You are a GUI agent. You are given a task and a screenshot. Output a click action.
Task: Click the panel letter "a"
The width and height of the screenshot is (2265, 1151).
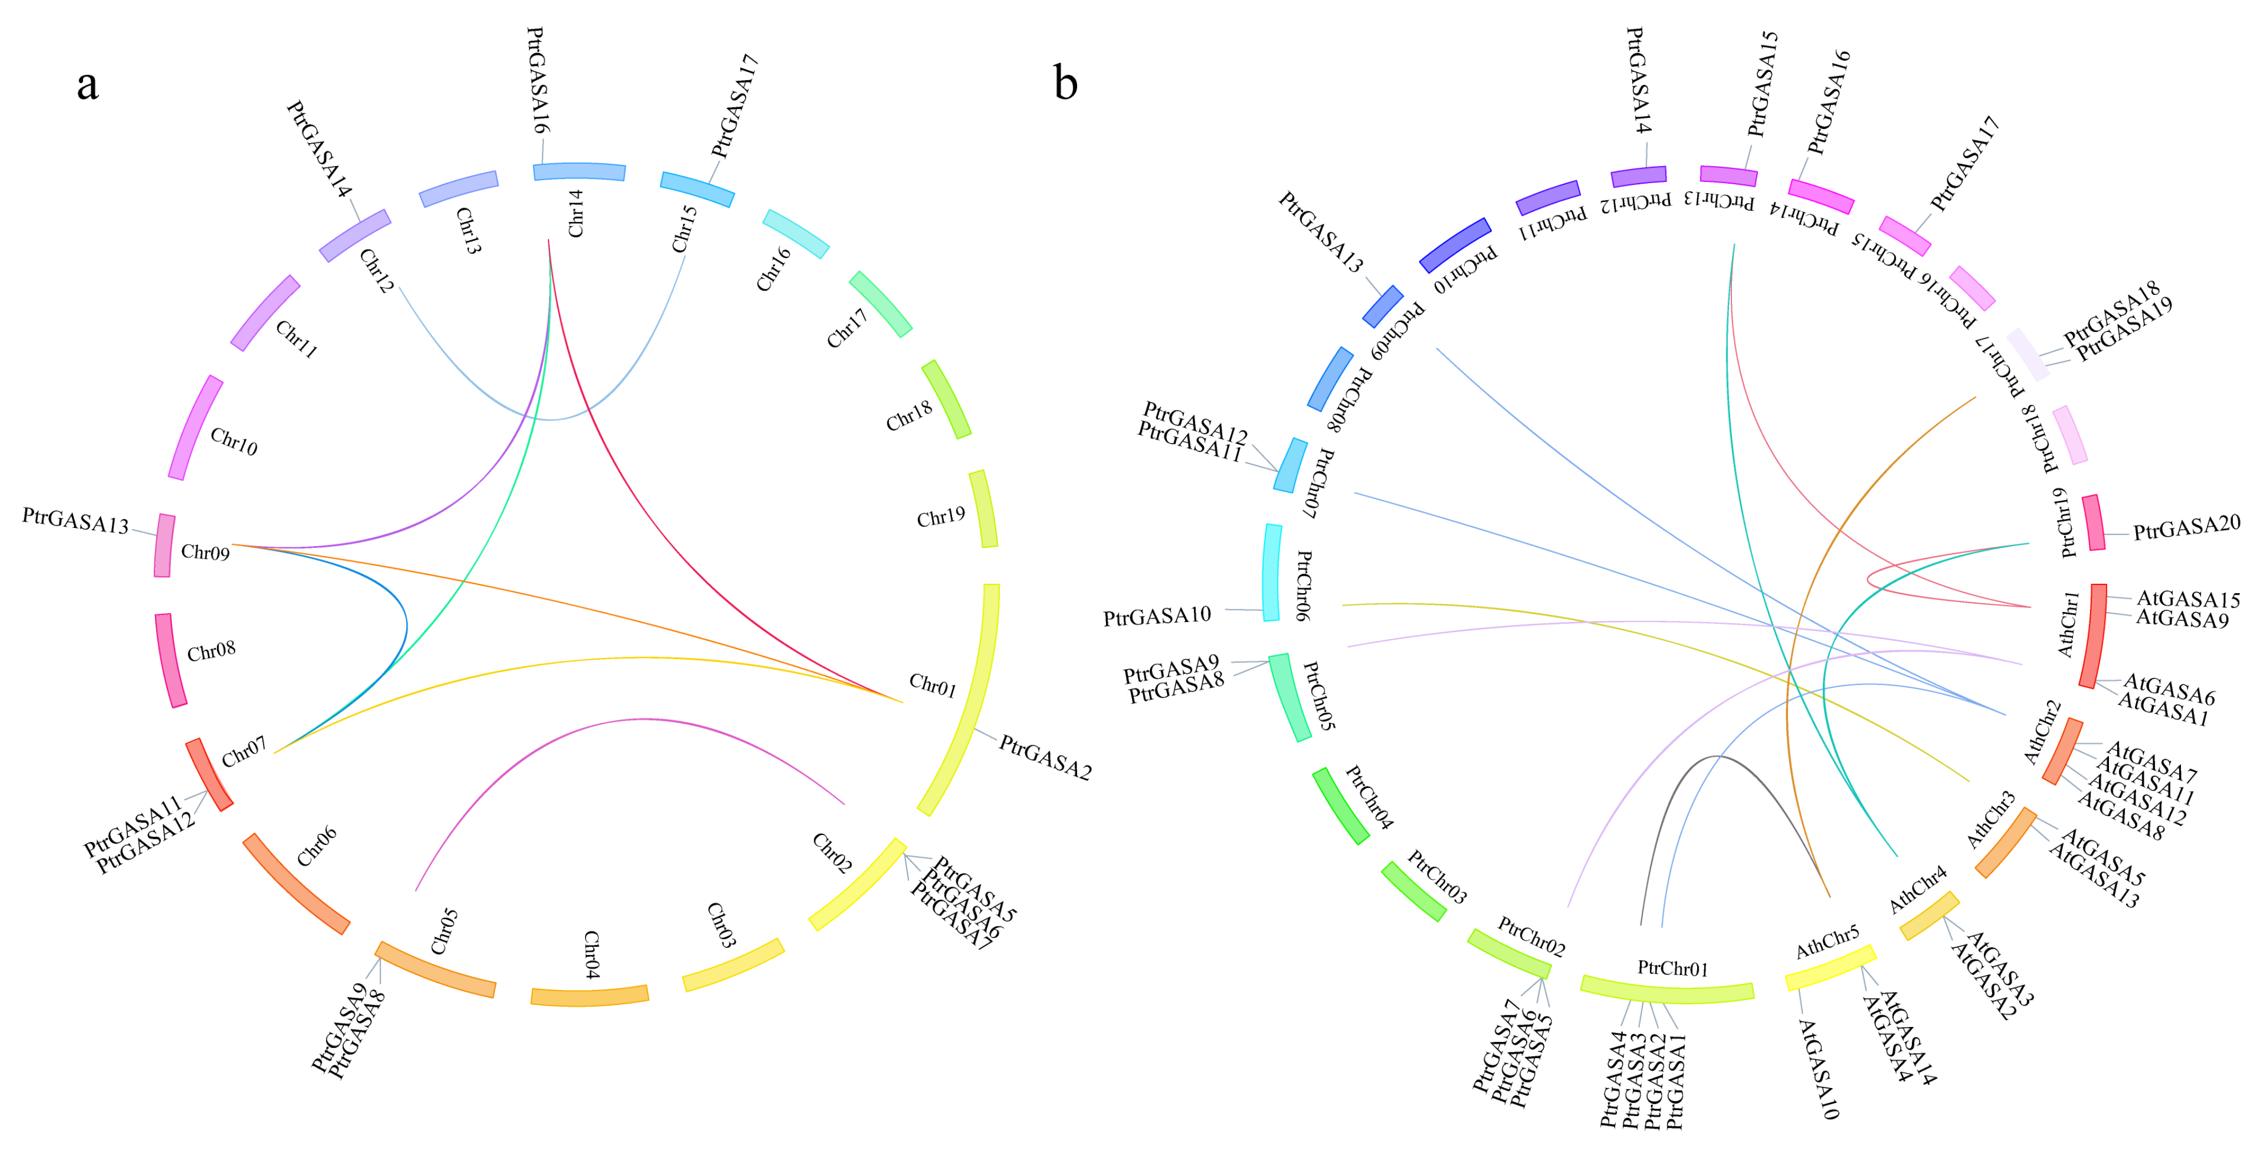87,85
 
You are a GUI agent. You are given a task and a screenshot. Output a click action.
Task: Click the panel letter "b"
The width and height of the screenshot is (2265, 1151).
1065,85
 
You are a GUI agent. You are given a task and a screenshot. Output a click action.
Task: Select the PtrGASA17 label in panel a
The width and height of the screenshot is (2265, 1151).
734,106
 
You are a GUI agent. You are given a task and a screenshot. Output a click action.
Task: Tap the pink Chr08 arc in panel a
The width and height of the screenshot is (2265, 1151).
170,660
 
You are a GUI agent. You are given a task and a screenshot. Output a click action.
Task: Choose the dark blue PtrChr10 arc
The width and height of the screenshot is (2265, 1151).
1455,245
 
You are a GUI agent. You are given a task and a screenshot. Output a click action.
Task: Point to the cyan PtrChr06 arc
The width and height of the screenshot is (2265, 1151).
1271,572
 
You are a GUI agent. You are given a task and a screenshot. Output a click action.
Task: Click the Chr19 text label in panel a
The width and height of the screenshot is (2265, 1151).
940,517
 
